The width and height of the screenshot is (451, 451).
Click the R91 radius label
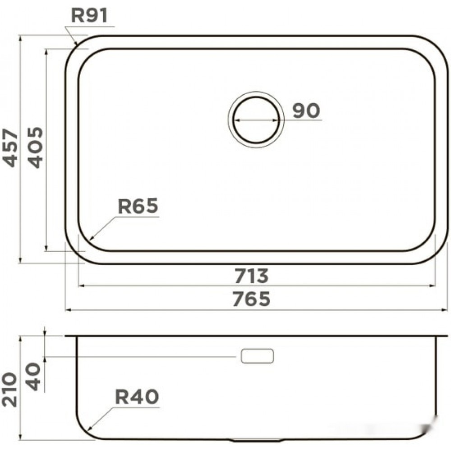[89, 15]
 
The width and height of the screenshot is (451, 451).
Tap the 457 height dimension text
[10, 147]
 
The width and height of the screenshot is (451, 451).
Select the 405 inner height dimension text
[35, 147]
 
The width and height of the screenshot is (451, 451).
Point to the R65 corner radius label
[138, 206]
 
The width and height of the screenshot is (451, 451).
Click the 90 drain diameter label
[306, 111]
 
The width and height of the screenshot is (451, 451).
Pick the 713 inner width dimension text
[251, 276]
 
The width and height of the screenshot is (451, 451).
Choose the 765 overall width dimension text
[251, 299]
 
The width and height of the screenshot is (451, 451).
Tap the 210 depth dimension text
[9, 390]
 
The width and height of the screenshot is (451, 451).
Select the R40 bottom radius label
[137, 397]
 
